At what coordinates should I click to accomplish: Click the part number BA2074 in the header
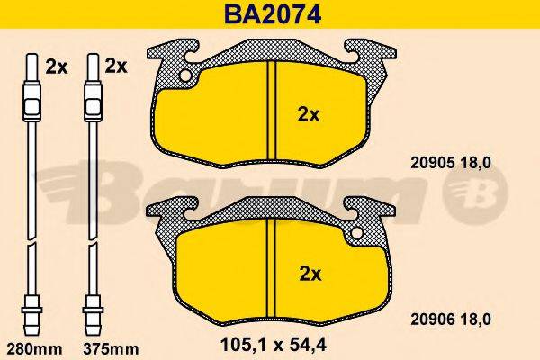coord(271,13)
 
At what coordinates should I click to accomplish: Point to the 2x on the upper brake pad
coord(309,114)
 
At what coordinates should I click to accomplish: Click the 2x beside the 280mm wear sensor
coord(56,66)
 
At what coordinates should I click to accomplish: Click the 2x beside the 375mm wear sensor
coord(116,66)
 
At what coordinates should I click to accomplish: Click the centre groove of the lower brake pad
coord(272,270)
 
